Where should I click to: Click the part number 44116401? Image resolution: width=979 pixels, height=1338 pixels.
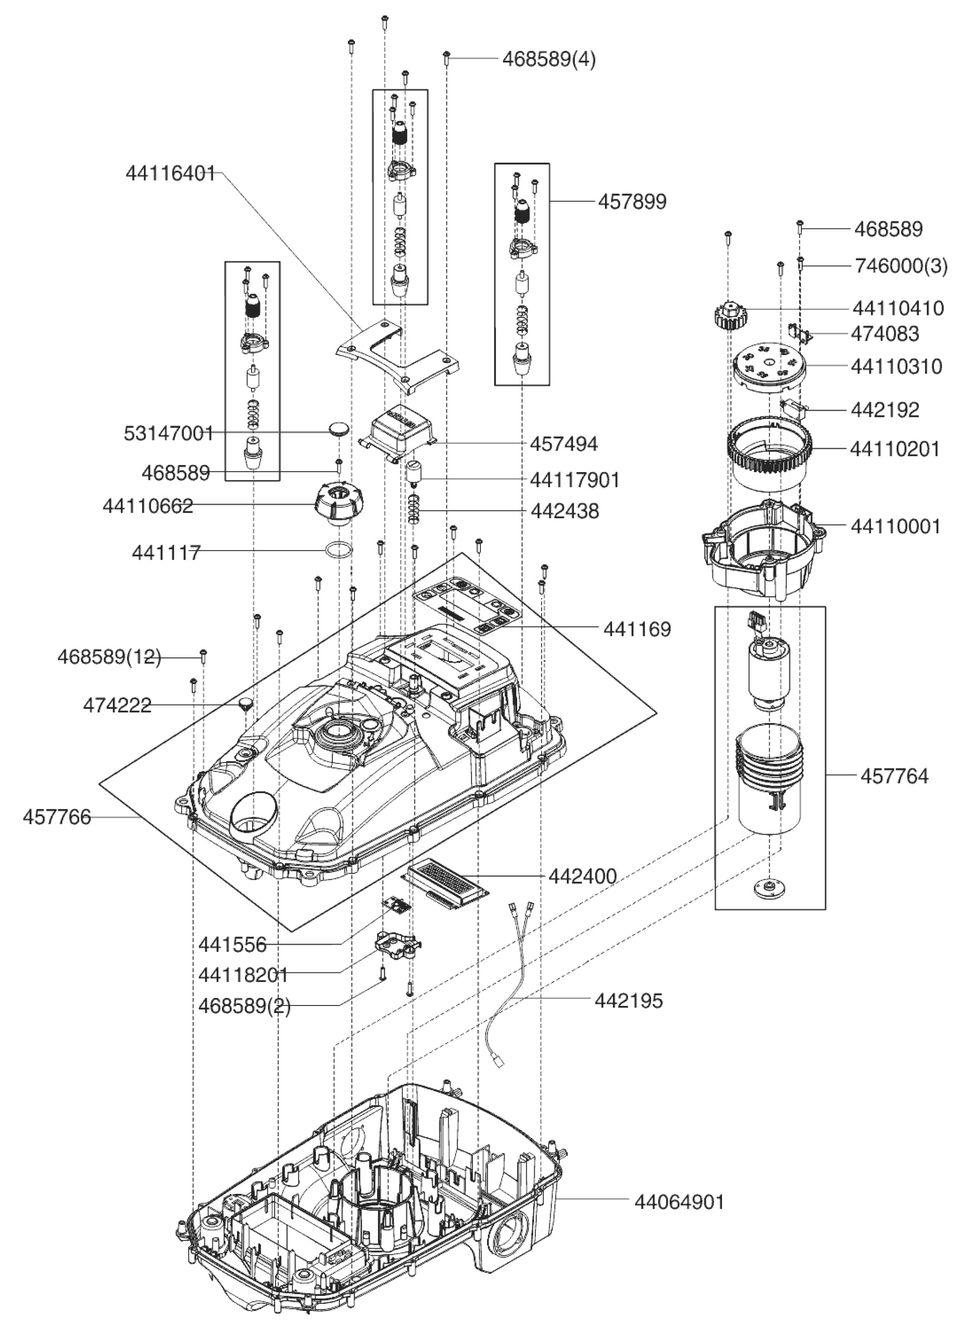(170, 173)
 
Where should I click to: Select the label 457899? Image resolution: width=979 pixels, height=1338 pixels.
(632, 202)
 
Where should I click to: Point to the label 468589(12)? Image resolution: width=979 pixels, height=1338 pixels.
(109, 657)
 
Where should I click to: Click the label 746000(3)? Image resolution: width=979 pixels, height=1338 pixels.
(901, 266)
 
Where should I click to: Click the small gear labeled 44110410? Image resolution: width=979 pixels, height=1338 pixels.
(729, 315)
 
